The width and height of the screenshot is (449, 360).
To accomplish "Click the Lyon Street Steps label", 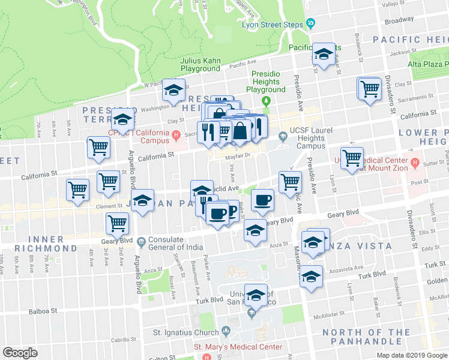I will click(x=273, y=25).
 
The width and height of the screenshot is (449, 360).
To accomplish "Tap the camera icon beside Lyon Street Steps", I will click(x=310, y=24).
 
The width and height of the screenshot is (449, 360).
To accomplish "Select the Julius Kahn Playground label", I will click(x=200, y=64).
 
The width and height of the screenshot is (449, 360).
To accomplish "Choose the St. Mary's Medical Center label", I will click(x=238, y=347).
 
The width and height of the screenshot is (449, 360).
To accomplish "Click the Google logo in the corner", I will click(x=20, y=352).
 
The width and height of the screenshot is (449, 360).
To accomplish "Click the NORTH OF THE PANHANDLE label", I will click(x=366, y=337).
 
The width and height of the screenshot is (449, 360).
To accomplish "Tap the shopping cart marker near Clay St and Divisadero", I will click(x=370, y=89).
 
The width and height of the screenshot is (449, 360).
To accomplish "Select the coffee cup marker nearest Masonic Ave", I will click(x=262, y=200).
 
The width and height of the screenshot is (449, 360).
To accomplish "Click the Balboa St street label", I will click(x=44, y=311).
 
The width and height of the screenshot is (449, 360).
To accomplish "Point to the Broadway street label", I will click(x=399, y=20).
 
